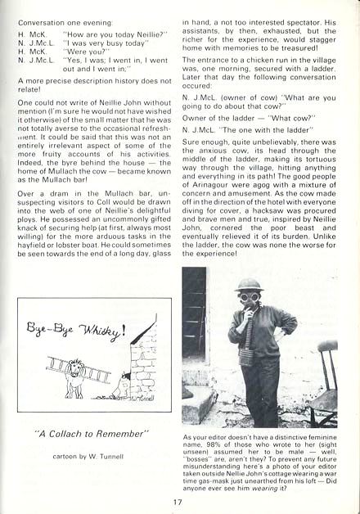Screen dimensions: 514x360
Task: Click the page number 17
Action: [x=177, y=503]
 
